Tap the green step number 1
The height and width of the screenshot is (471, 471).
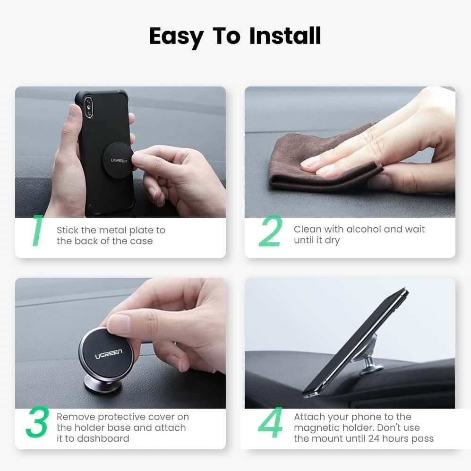tap(37, 231)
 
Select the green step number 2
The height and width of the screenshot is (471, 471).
tap(270, 231)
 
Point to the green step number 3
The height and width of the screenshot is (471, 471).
tap(37, 423)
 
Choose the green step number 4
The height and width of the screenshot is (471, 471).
tap(270, 423)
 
